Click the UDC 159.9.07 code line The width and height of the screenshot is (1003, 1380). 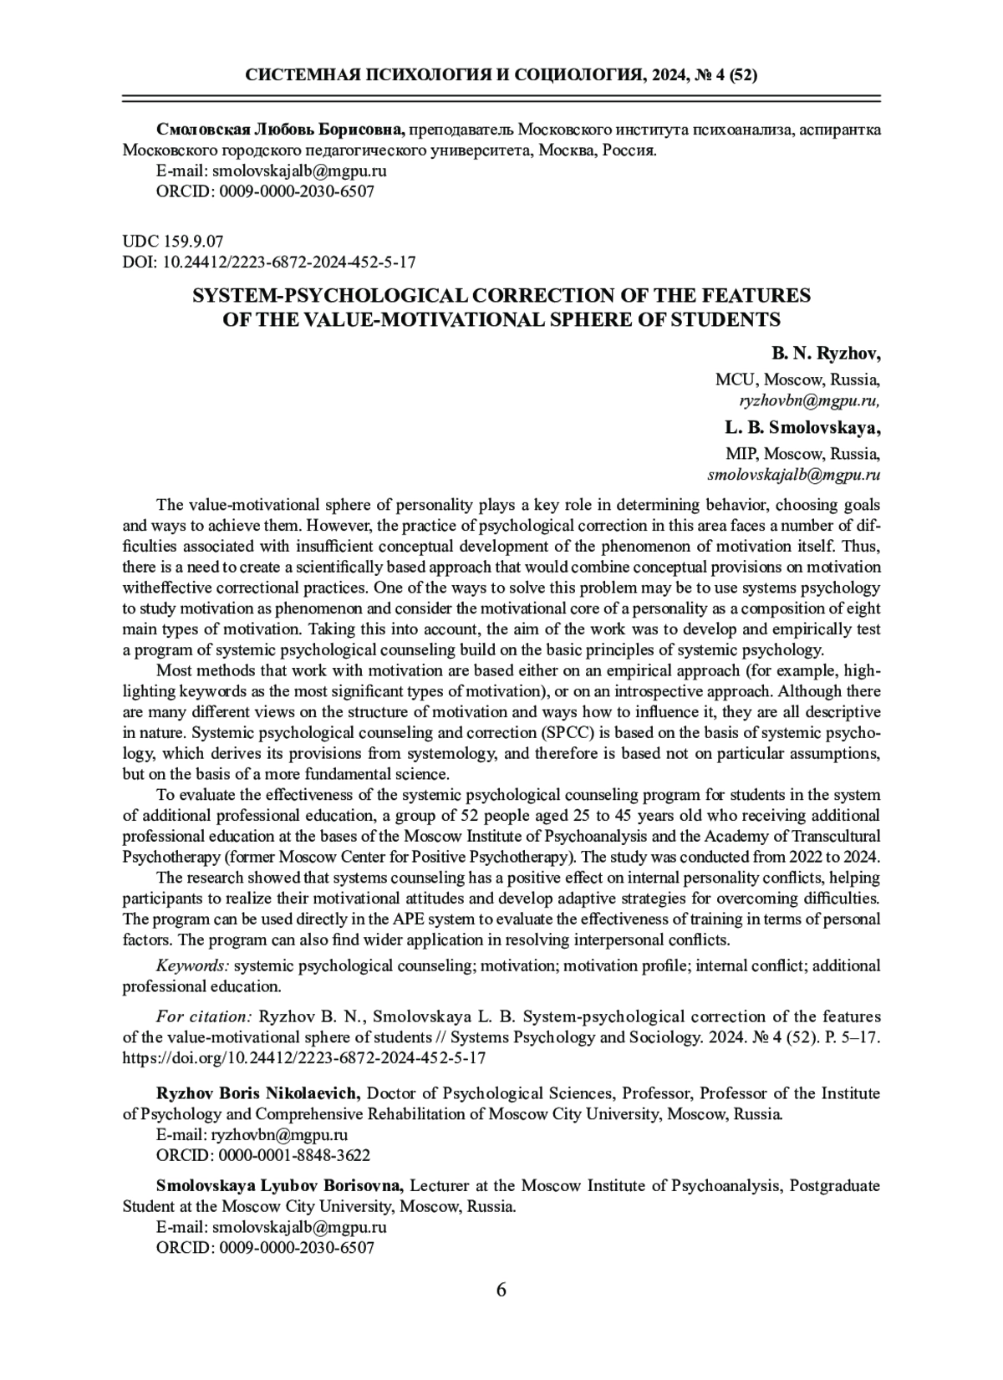pyautogui.click(x=173, y=242)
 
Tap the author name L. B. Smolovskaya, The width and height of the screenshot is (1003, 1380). pyautogui.click(x=802, y=429)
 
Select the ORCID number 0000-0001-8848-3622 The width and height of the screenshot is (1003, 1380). pyautogui.click(x=293, y=1156)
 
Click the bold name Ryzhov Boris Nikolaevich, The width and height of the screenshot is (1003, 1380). pyautogui.click(x=259, y=1093)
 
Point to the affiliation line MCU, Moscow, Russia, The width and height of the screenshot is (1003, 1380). pyautogui.click(x=797, y=379)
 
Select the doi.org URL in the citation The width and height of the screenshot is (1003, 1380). pyautogui.click(x=304, y=1057)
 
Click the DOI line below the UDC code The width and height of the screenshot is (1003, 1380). pyautogui.click(x=269, y=262)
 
